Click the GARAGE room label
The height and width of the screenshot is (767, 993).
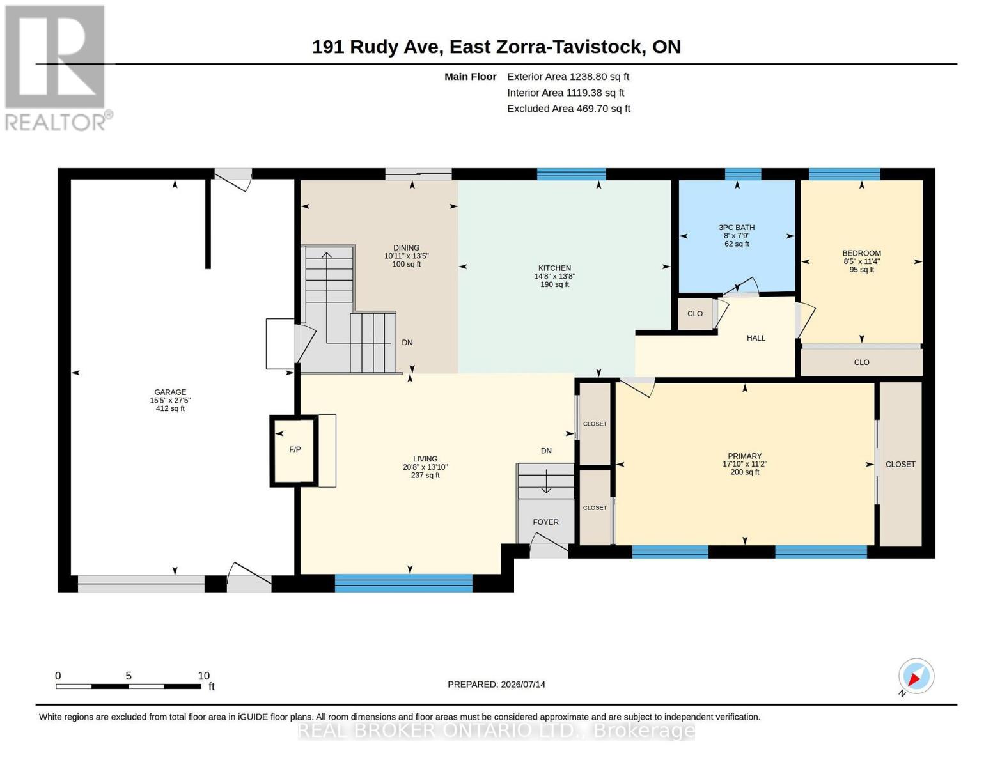click(x=170, y=392)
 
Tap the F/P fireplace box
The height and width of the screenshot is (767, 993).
click(x=294, y=451)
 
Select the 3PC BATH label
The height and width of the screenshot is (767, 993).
click(x=737, y=228)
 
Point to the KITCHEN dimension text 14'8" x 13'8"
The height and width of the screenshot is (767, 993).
click(x=554, y=276)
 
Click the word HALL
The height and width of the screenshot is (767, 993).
click(x=756, y=338)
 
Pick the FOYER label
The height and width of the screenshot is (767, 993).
click(x=545, y=522)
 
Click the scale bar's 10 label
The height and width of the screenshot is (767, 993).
click(x=203, y=676)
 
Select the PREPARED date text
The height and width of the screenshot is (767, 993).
click(x=496, y=685)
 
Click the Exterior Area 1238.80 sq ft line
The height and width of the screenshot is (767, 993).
click(x=568, y=77)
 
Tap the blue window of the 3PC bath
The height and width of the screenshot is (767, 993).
click(x=743, y=174)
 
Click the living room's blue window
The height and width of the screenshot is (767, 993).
click(x=403, y=584)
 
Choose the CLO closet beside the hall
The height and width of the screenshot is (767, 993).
click(x=694, y=314)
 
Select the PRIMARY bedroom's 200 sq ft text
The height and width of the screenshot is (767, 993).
click(x=745, y=472)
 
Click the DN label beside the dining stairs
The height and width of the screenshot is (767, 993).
click(x=407, y=343)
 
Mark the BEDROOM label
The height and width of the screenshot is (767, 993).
click(x=861, y=253)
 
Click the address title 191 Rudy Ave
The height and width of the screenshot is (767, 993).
click(x=377, y=47)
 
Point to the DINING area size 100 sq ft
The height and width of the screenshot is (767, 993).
click(x=406, y=264)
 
